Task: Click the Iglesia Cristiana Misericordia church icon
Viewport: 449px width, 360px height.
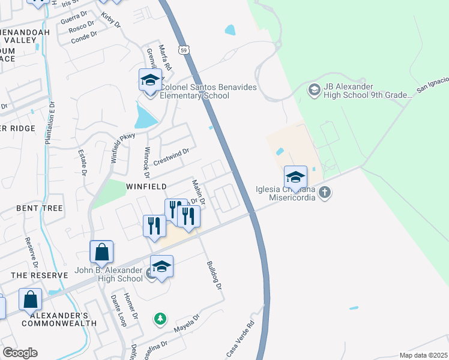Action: click(325, 193)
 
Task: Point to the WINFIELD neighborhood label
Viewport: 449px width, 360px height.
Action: click(146, 187)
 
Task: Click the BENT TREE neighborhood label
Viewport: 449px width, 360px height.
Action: click(40, 208)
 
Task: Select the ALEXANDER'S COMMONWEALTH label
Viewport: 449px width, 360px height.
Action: click(59, 319)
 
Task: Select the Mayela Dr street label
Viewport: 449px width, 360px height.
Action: click(186, 324)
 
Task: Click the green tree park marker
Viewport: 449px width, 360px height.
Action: click(160, 319)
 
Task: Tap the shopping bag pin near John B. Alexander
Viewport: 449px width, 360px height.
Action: click(101, 253)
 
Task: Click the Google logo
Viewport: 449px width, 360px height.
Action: click(20, 353)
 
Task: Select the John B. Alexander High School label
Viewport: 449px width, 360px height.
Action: click(109, 274)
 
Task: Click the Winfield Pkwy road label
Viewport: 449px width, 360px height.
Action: click(122, 148)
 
